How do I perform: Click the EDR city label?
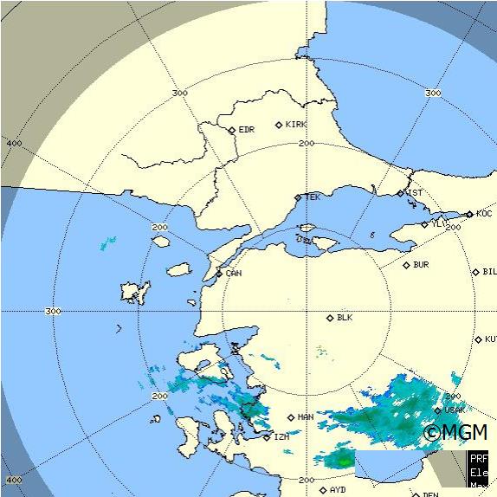[x=247, y=130]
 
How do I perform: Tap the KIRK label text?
[x=296, y=125]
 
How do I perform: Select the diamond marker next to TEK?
[x=298, y=197]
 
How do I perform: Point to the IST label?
[x=416, y=193]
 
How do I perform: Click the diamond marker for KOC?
[x=469, y=214]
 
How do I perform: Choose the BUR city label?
[x=421, y=265]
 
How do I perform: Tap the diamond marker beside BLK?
[x=330, y=318]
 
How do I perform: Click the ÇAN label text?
[x=233, y=274]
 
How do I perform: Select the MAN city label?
[x=306, y=417]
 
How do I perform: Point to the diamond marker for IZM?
[x=268, y=436]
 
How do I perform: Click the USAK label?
[x=455, y=410]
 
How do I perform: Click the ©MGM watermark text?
[x=455, y=432]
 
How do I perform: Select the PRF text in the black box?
[x=479, y=459]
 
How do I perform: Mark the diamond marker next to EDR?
[x=232, y=131]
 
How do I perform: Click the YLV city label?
[x=439, y=223]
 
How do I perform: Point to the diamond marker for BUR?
[x=406, y=265]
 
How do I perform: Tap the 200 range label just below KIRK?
[x=305, y=143]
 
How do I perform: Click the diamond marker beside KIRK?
[x=279, y=125]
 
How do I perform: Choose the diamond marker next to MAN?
[x=291, y=417]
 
